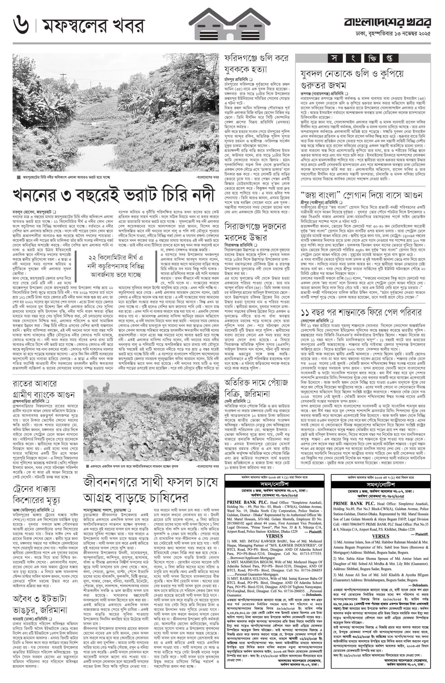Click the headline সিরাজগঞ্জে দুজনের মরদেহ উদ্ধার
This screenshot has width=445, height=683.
click(256, 231)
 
